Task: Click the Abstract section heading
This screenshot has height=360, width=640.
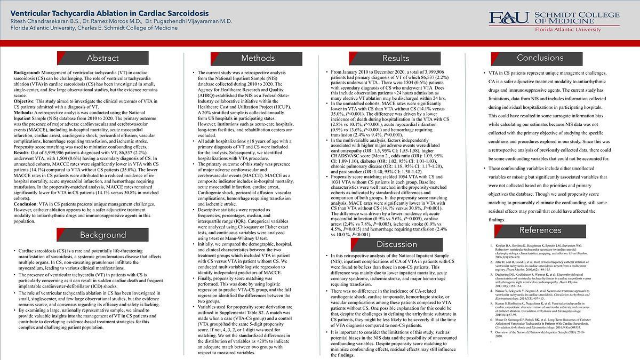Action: [x=103, y=58]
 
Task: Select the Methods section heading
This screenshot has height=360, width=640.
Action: [x=258, y=58]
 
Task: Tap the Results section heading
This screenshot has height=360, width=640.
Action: [x=395, y=58]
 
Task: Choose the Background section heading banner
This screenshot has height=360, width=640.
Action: [x=103, y=235]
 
